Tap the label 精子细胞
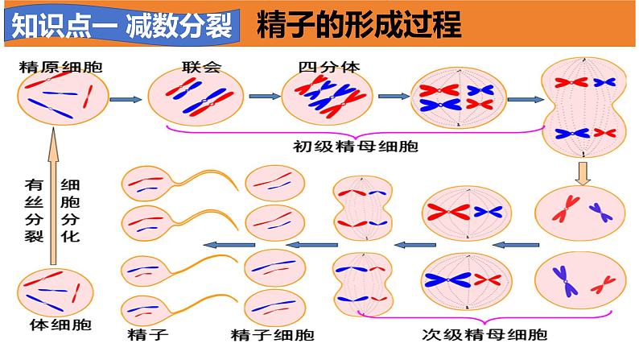pyautogui.click(x=272, y=334)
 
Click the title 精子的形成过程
pyautogui.click(x=360, y=27)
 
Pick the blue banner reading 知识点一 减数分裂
pyautogui.click(x=122, y=27)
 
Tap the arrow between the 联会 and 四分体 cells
pyautogui.click(x=260, y=97)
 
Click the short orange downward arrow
pyautogui.click(x=585, y=172)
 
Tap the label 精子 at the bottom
pyautogui.click(x=142, y=333)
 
